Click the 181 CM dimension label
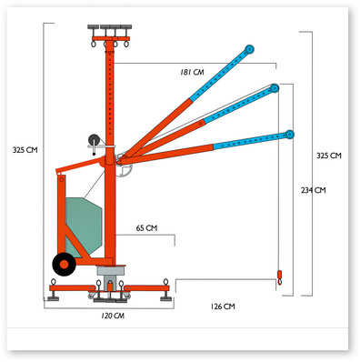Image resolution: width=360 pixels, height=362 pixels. tap(192, 72)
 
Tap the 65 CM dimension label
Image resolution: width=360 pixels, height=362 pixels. tap(146, 228)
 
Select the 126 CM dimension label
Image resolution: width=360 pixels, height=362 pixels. tap(223, 307)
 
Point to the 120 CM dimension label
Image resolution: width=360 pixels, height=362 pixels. tap(113, 316)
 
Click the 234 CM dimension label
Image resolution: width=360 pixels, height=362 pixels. tap(314, 190)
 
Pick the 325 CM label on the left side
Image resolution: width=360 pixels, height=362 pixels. tap(25, 150)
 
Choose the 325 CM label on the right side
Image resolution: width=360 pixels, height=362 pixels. tap(329, 156)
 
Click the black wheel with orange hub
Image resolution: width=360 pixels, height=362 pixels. tap(64, 265)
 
